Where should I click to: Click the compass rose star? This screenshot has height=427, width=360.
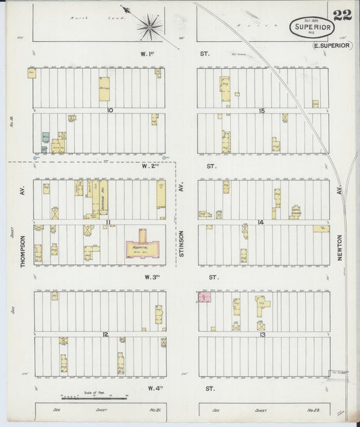(x=149, y=27)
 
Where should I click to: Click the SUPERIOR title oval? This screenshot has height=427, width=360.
(x=312, y=27)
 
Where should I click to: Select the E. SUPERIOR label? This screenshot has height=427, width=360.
(x=332, y=45)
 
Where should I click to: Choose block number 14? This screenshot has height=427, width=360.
(x=259, y=222)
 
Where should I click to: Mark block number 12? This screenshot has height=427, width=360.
(x=105, y=334)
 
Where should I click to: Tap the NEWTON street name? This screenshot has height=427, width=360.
(x=340, y=251)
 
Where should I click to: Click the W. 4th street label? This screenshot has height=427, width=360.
(x=150, y=388)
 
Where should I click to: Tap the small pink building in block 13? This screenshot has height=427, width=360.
(x=203, y=297)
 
